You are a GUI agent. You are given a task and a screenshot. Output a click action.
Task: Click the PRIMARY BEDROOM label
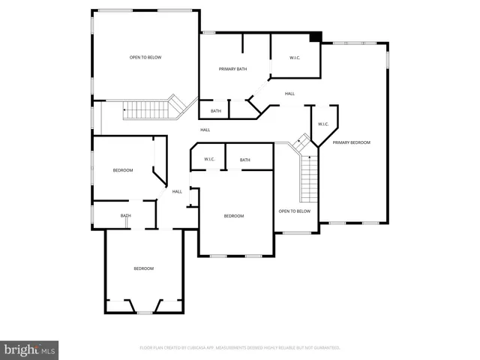[x=352, y=142]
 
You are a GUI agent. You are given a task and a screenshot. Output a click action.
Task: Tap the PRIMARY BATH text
[x=232, y=69]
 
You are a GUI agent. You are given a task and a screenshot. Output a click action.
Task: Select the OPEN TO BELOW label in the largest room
[x=145, y=58]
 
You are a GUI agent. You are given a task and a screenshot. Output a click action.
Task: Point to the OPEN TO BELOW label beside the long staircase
[x=294, y=211]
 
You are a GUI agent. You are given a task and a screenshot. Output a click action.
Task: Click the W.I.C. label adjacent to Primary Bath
[x=295, y=58]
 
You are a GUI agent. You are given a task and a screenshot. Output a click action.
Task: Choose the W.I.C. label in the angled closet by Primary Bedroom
[x=323, y=124]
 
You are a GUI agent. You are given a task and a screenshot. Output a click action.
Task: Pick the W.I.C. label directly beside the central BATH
[x=209, y=160]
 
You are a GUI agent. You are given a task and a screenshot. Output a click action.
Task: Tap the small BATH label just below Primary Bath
[x=216, y=111]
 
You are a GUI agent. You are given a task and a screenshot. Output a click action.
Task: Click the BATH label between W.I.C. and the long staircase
[x=245, y=160]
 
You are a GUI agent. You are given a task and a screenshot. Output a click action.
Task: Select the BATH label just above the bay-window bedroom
[x=126, y=216]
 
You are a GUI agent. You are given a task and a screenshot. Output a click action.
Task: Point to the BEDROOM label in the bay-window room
[x=144, y=268]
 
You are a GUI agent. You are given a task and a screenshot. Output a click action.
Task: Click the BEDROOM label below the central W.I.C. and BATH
[x=234, y=216]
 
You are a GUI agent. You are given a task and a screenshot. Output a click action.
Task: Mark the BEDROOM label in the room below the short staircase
[x=123, y=170]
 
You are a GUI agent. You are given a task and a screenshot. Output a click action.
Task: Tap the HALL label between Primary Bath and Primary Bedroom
[x=289, y=94]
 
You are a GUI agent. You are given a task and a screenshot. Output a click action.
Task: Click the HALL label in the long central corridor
[x=205, y=130]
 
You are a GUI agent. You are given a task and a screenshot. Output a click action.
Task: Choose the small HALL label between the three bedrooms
[x=177, y=191]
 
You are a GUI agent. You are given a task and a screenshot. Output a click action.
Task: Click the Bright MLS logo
[x=29, y=349]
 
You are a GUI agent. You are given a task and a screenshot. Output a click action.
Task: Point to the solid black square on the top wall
[x=316, y=37]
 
